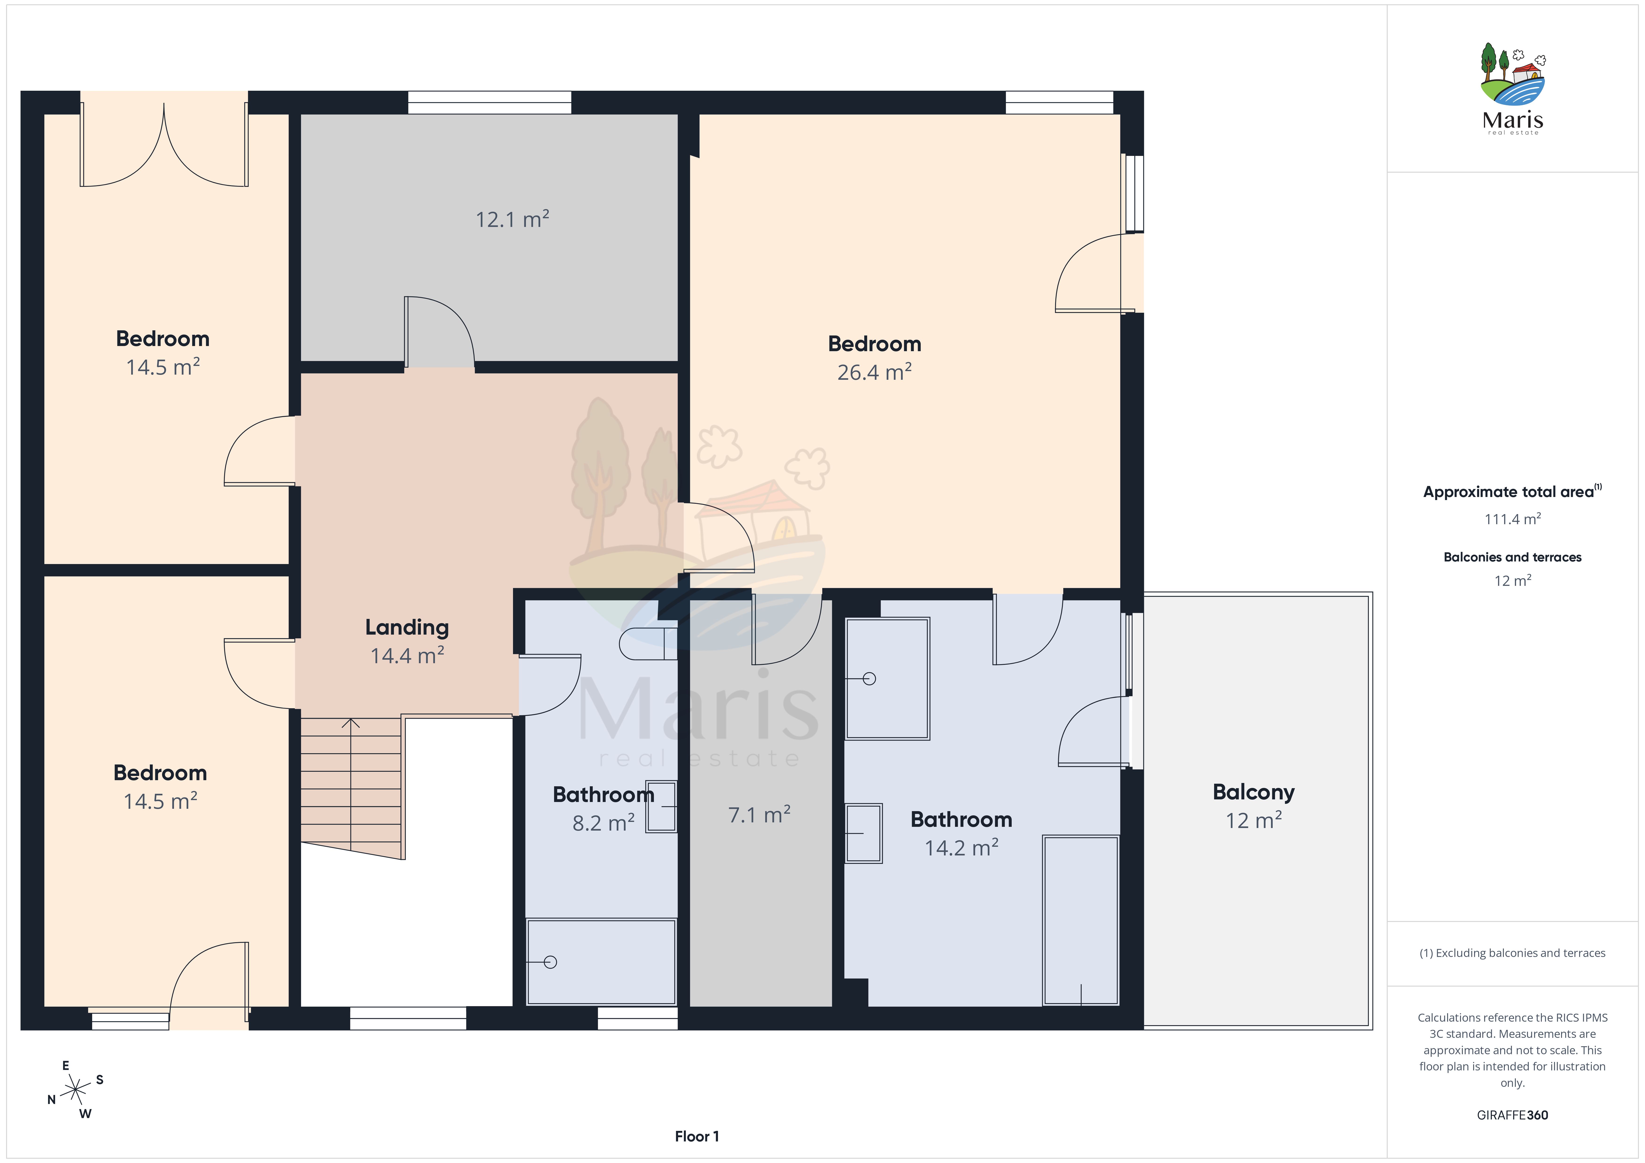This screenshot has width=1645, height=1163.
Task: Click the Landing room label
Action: pyautogui.click(x=407, y=628)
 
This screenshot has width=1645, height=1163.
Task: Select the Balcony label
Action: pyautogui.click(x=1254, y=793)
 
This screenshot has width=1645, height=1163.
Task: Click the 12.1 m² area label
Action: pyautogui.click(x=512, y=218)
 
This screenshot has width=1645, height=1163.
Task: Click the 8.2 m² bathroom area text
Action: pyautogui.click(x=603, y=823)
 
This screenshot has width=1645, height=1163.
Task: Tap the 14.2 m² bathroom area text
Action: pyautogui.click(x=962, y=848)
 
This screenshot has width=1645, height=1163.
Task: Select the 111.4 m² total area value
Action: pyautogui.click(x=1513, y=519)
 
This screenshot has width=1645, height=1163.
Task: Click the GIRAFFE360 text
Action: pyautogui.click(x=1513, y=1115)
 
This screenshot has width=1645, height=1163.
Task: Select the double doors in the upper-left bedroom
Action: pyautogui.click(x=164, y=145)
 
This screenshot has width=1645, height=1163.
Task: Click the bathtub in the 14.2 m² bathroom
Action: pyautogui.click(x=1080, y=920)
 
